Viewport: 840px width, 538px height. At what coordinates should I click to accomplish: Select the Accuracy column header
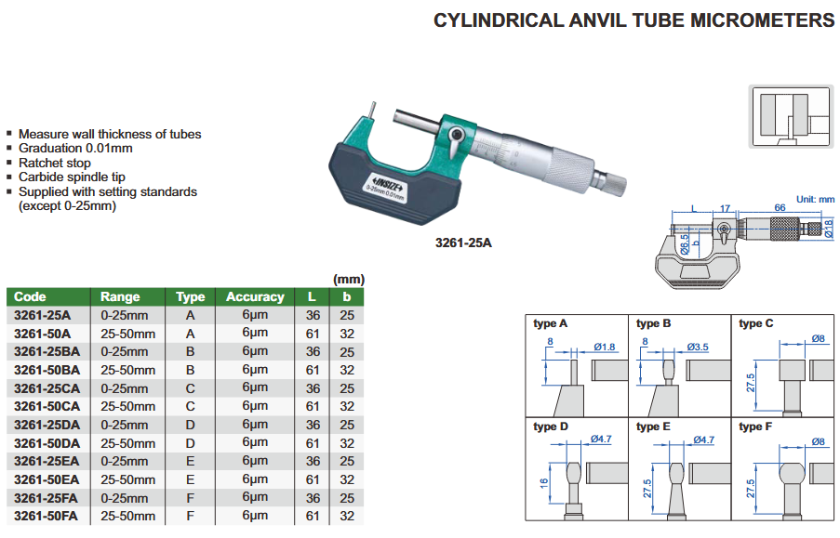pos(254,297)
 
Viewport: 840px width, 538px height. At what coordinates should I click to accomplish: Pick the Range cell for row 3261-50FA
pos(127,516)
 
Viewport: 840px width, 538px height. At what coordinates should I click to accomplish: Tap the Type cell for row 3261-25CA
pos(190,387)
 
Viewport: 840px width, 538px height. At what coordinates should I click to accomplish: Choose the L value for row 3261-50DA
pos(313,443)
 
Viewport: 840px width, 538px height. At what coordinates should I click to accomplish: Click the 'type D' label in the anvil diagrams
pos(551,426)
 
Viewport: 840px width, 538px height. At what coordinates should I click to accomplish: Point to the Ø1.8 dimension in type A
pos(604,348)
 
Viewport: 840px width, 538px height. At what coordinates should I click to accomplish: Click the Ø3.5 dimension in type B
pos(699,348)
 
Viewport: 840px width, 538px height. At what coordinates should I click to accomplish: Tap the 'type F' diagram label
pos(756,426)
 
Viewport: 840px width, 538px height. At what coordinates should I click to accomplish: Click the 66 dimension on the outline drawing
pos(780,209)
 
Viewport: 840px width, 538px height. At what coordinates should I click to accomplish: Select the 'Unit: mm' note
pos(815,199)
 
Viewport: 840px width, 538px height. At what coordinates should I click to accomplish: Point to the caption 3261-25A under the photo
pos(462,243)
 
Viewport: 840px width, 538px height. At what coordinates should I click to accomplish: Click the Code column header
pos(31,297)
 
